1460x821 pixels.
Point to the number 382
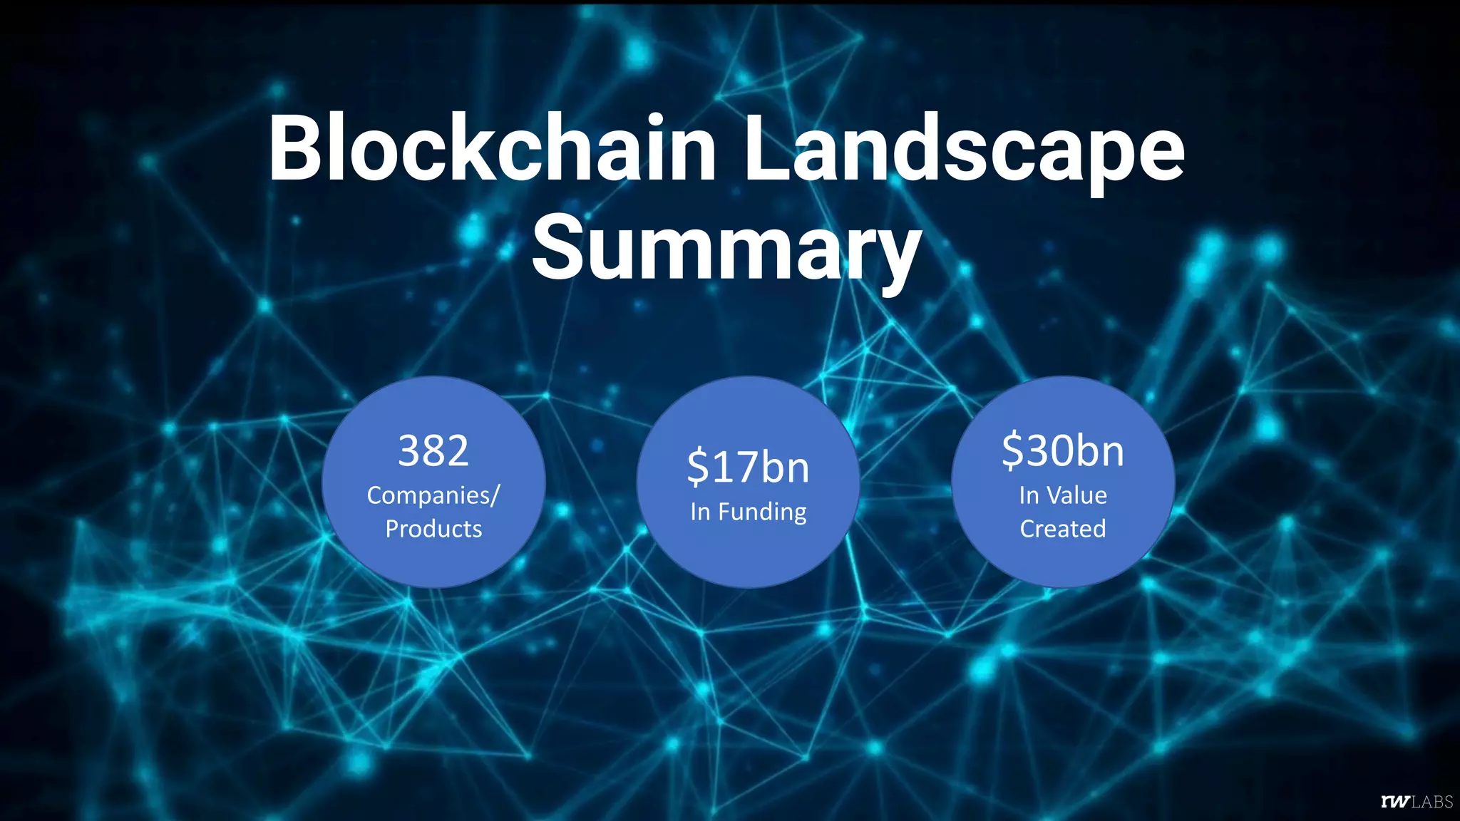click(433, 450)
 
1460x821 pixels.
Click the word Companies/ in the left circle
click(433, 495)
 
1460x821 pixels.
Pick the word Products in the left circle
click(433, 529)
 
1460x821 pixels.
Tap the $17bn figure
click(748, 468)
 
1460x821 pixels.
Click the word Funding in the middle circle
click(762, 512)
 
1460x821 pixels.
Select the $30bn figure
click(1063, 450)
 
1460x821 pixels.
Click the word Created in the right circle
click(1063, 529)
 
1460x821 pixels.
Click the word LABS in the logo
click(1432, 802)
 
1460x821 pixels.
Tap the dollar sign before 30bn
click(1013, 451)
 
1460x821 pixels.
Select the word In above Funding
click(700, 512)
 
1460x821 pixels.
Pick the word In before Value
click(1029, 495)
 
